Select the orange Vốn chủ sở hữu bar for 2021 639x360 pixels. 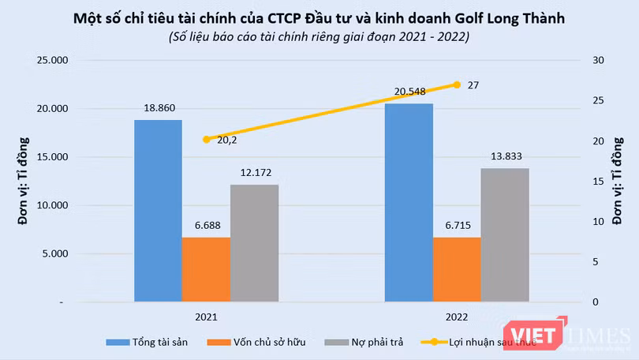point(206,269)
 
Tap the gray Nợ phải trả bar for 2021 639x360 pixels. point(254,242)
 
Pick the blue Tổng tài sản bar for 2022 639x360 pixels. point(409,202)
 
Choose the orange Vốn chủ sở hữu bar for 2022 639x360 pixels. point(457,269)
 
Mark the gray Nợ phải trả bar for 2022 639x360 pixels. point(505,234)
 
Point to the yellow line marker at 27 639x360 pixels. point(457,84)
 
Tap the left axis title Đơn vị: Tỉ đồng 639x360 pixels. point(24,181)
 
